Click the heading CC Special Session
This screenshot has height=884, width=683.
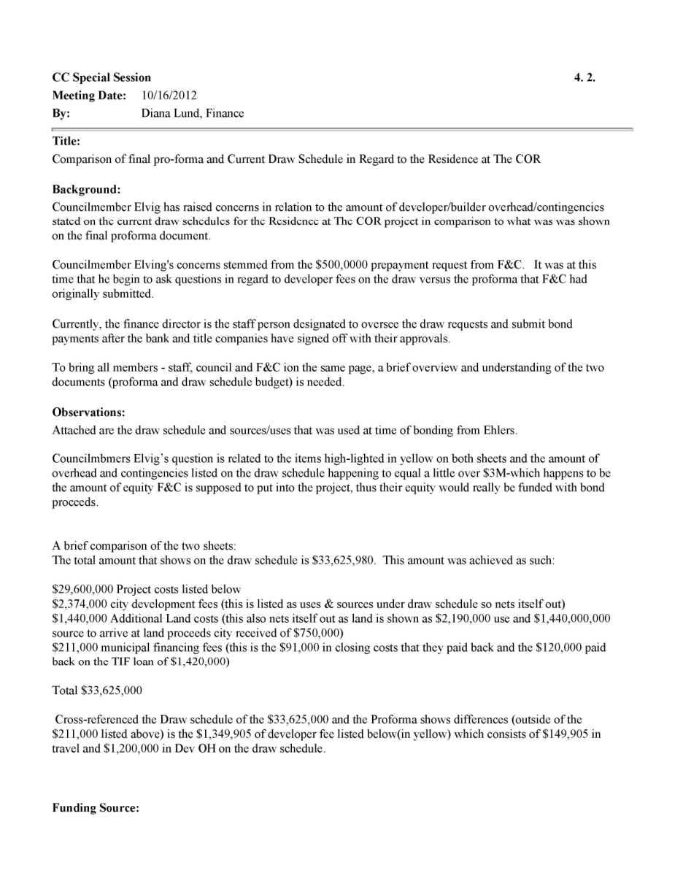(101, 77)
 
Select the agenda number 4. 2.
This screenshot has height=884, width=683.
(584, 77)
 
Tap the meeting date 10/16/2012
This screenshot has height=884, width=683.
(169, 96)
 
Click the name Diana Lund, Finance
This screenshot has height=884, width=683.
(193, 113)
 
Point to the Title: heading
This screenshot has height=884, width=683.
(66, 141)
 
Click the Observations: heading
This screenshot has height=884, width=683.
(88, 412)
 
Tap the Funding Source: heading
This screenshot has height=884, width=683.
(96, 808)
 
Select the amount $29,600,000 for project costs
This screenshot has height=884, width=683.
(82, 589)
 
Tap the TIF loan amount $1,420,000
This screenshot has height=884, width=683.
(202, 661)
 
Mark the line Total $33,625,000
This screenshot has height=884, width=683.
(97, 691)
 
